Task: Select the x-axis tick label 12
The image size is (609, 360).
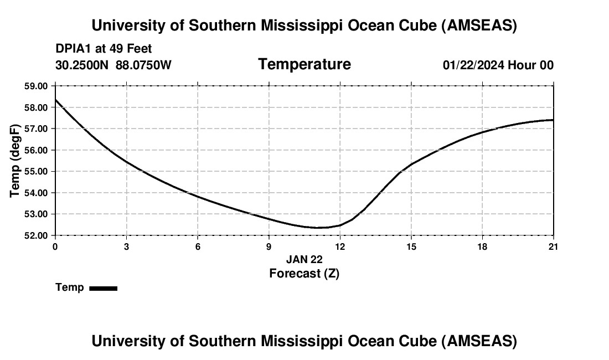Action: pyautogui.click(x=340, y=246)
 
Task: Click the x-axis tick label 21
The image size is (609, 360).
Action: pyautogui.click(x=554, y=246)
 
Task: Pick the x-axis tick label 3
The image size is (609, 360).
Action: pyautogui.click(x=126, y=246)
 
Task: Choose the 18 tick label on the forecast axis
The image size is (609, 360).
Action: pyautogui.click(x=482, y=246)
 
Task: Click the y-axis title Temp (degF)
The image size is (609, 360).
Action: pyautogui.click(x=16, y=161)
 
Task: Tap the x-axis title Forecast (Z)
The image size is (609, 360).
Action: pyautogui.click(x=304, y=273)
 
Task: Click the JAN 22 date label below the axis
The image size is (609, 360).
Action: pyautogui.click(x=304, y=259)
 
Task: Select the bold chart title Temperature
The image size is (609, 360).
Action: pyautogui.click(x=304, y=64)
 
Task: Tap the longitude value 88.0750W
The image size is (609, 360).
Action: pyautogui.click(x=143, y=65)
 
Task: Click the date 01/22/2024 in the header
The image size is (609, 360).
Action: pyautogui.click(x=473, y=65)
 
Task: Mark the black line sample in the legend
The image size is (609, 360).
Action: pyautogui.click(x=103, y=288)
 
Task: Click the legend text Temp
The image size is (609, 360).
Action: pyautogui.click(x=70, y=287)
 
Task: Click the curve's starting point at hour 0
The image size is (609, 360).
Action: pyautogui.click(x=55, y=100)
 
